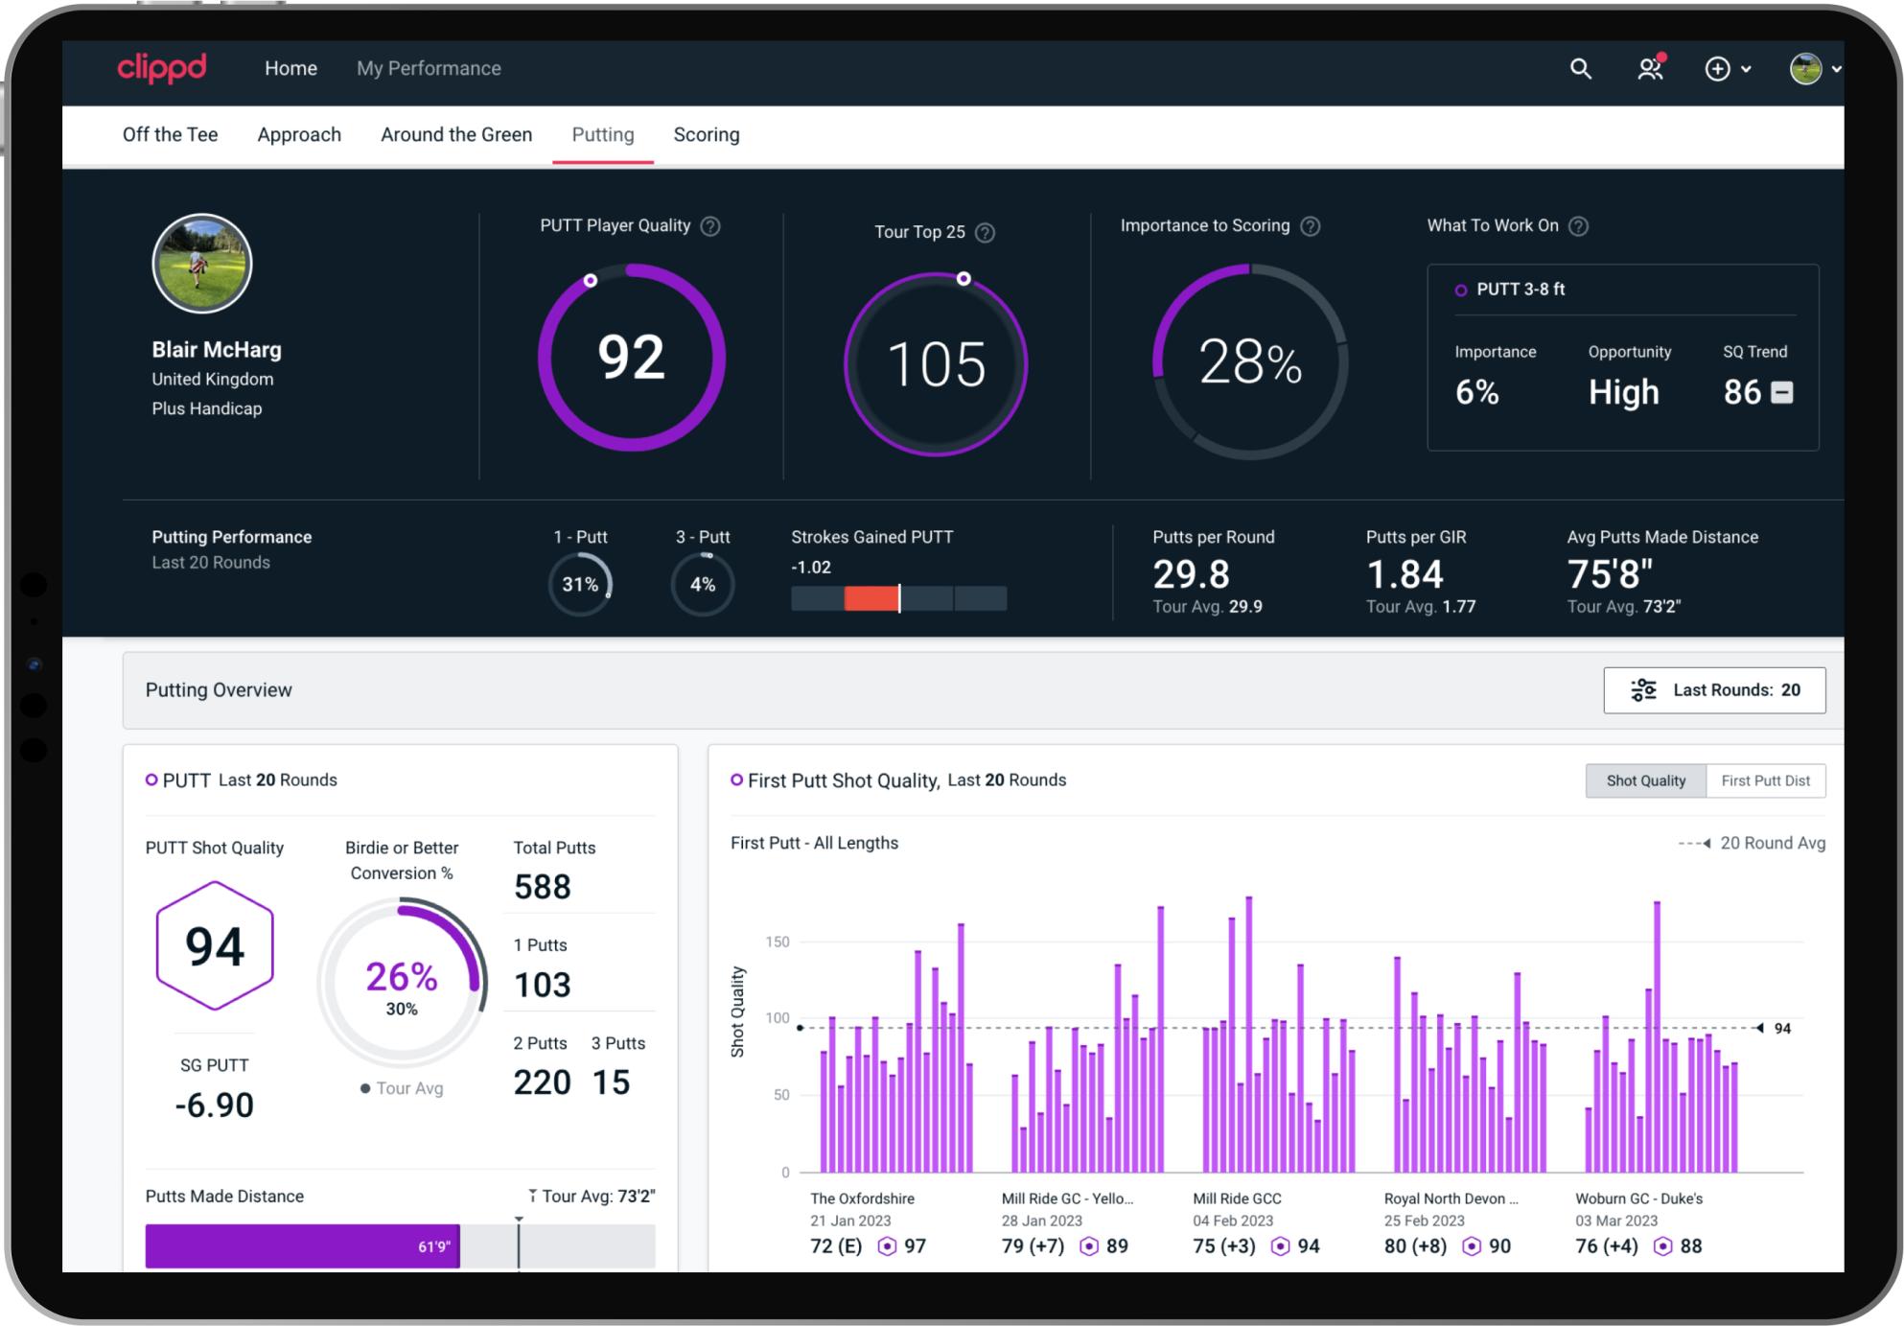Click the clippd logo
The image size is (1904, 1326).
pos(161,68)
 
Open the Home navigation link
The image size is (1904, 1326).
pos(290,68)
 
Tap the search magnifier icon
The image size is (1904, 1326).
pos(1580,68)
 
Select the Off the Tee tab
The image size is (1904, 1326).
pos(170,134)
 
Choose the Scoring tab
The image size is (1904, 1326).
pos(706,134)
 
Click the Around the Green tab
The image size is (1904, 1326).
pos(456,134)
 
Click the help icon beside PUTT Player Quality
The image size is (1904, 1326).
pos(710,226)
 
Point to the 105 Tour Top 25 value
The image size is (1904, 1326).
pos(936,364)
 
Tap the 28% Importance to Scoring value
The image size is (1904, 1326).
pos(1249,362)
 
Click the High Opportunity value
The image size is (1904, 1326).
pos(1623,392)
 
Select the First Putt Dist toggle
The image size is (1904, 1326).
pos(1765,780)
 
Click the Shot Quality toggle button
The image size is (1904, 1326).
pos(1645,780)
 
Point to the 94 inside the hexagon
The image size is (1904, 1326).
pos(215,946)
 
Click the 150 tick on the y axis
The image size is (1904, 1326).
pos(778,942)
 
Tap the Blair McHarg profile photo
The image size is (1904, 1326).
pos(202,264)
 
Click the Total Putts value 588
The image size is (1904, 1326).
pos(543,887)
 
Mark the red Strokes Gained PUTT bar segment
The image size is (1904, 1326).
pos(871,598)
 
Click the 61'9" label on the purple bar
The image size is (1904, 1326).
pos(433,1246)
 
